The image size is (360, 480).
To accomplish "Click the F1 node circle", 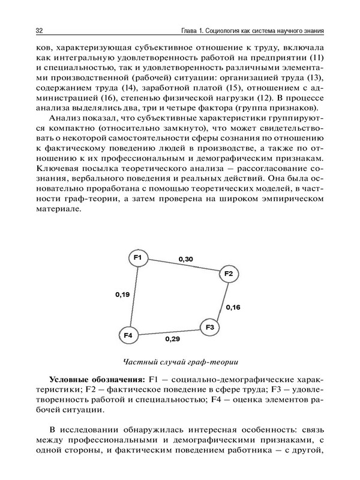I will click(x=138, y=258).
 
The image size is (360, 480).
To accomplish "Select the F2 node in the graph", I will click(x=228, y=274).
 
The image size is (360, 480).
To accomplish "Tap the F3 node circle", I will click(x=209, y=327).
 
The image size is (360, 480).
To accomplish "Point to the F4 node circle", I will click(x=129, y=335).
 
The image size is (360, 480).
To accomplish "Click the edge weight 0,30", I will click(x=185, y=259).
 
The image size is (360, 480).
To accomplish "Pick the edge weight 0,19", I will click(x=122, y=295).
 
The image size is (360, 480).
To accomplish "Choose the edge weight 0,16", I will click(x=233, y=307).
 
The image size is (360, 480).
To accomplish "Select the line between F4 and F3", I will click(x=169, y=331).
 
